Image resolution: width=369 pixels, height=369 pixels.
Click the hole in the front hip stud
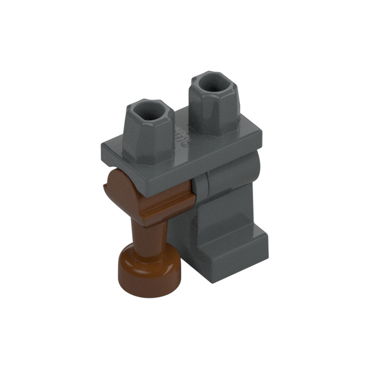click(151, 111)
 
